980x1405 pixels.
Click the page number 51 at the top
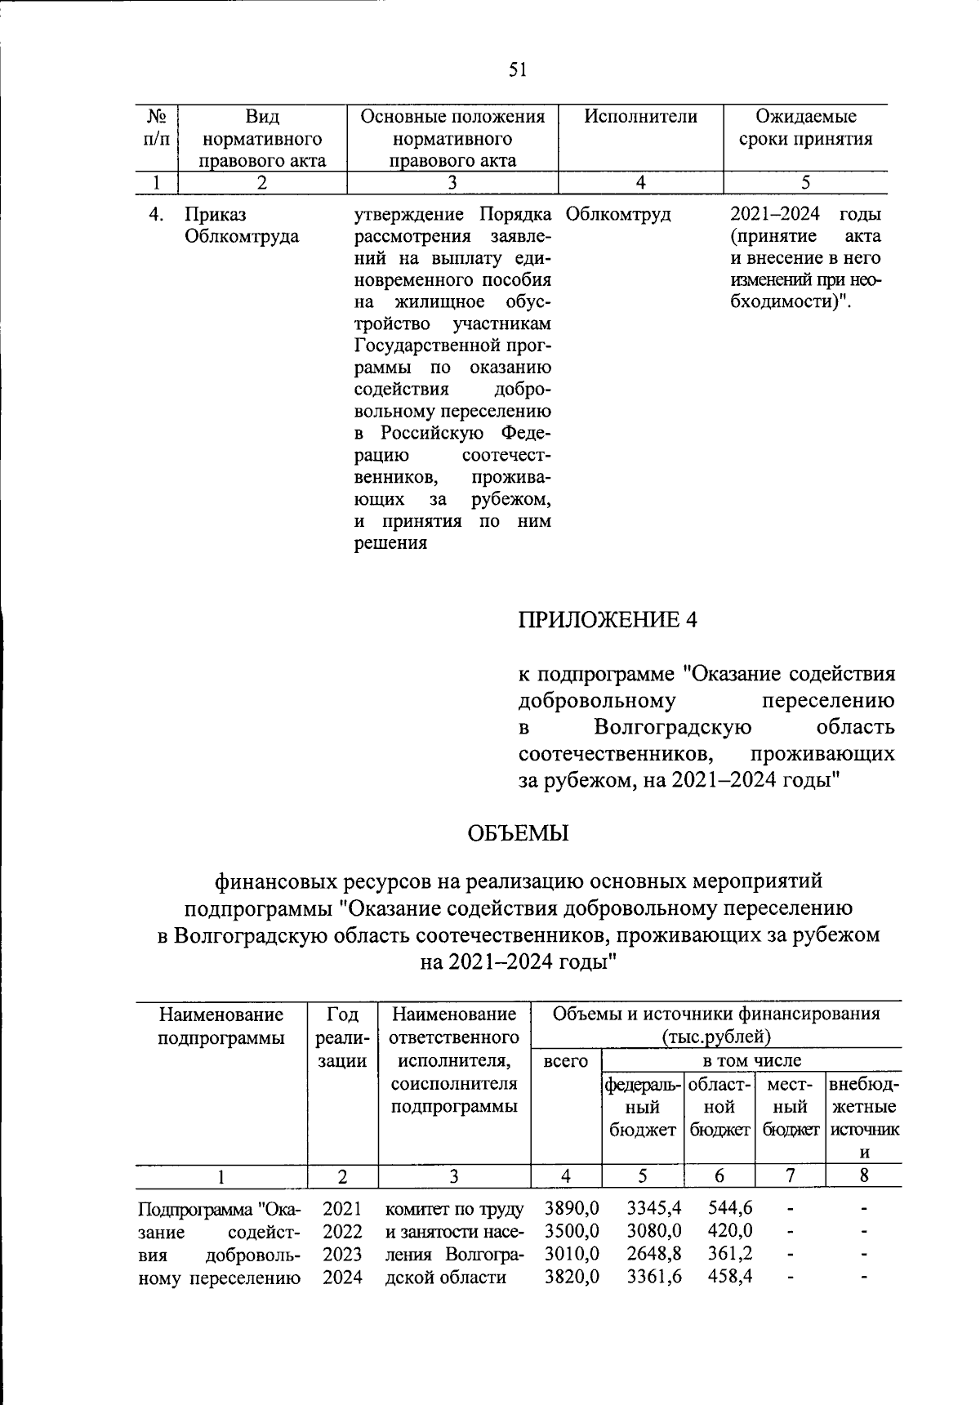click(x=517, y=69)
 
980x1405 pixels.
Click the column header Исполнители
click(x=640, y=117)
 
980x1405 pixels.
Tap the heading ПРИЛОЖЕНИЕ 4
click(x=608, y=619)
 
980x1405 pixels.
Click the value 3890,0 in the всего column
click(x=572, y=1208)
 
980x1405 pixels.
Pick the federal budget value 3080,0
click(x=654, y=1231)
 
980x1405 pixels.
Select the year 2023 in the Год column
click(x=342, y=1254)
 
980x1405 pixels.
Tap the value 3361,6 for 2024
click(x=654, y=1277)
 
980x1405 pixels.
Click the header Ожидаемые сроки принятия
click(x=805, y=128)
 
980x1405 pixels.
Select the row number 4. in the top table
click(x=157, y=215)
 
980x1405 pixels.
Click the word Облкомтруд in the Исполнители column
click(x=618, y=215)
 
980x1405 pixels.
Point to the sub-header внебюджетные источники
click(x=864, y=1118)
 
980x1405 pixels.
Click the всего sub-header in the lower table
click(x=565, y=1061)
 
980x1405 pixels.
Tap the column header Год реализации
click(x=342, y=1037)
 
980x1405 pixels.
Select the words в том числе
click(x=752, y=1061)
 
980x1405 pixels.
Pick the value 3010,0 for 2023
click(x=572, y=1254)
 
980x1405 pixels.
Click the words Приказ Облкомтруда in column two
click(x=241, y=225)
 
